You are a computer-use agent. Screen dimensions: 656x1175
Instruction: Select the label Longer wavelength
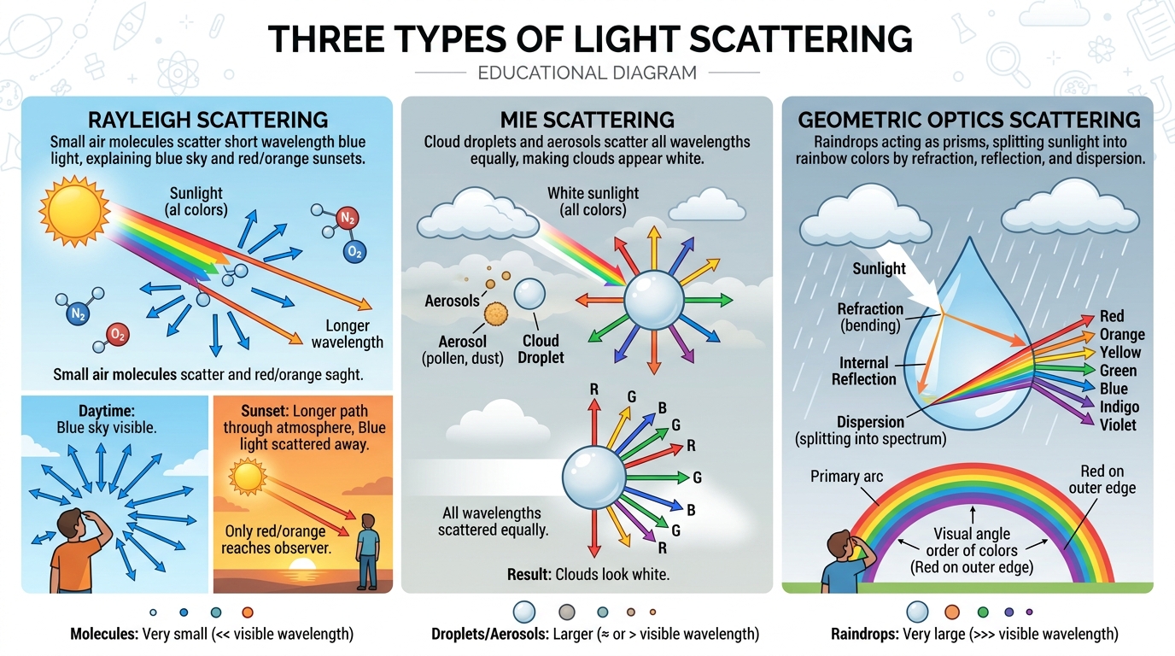347,334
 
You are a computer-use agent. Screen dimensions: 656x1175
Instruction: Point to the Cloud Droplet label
541,349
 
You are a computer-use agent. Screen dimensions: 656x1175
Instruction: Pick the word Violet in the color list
1118,424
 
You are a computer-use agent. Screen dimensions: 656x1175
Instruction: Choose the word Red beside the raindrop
1112,317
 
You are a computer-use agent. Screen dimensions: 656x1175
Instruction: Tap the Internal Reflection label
863,371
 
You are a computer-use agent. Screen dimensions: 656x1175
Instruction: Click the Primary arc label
846,476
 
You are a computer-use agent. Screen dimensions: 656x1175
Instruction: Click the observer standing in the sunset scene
368,551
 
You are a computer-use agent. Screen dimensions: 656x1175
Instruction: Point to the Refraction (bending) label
869,317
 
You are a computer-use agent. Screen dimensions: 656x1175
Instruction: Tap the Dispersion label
870,422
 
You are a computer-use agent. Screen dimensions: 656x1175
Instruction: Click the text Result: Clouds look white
588,574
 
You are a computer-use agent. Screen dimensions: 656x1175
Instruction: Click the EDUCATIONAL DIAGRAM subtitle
587,73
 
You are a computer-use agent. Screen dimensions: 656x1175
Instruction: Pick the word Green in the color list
1118,371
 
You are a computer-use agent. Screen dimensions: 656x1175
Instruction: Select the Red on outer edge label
1102,478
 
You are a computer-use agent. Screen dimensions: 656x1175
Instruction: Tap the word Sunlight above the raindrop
879,268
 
